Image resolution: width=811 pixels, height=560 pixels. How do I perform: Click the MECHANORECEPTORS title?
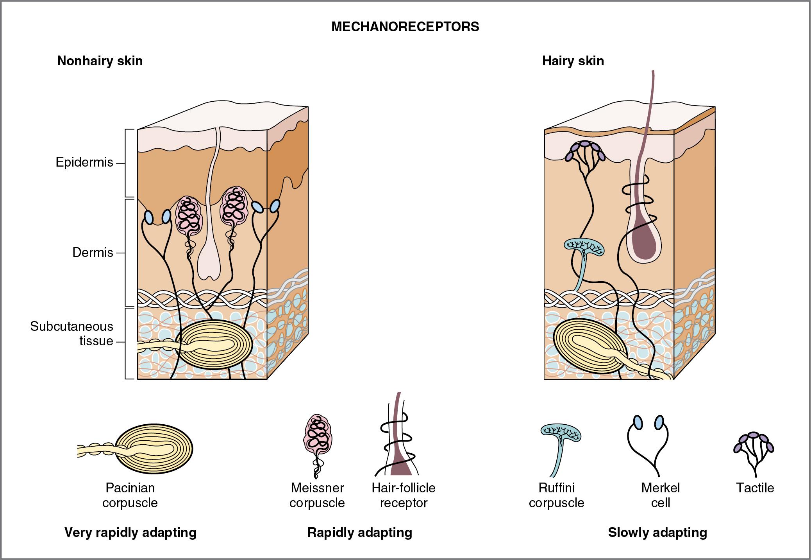(x=405, y=27)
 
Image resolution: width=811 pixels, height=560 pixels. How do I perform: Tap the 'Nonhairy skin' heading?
(x=100, y=61)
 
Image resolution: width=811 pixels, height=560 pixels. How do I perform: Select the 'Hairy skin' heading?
(x=573, y=61)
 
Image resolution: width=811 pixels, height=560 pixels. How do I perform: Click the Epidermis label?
(x=84, y=162)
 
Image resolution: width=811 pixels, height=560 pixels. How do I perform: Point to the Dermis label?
(x=93, y=253)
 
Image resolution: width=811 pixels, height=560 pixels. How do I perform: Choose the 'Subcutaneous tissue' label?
(x=72, y=334)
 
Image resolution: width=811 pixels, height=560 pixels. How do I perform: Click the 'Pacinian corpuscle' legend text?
(x=130, y=495)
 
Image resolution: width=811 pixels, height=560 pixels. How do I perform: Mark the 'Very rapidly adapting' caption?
(x=130, y=533)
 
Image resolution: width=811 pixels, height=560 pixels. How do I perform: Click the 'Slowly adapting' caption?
(x=657, y=533)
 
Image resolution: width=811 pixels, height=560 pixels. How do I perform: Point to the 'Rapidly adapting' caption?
(x=360, y=533)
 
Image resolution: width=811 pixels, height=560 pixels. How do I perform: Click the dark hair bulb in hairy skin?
(x=645, y=243)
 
